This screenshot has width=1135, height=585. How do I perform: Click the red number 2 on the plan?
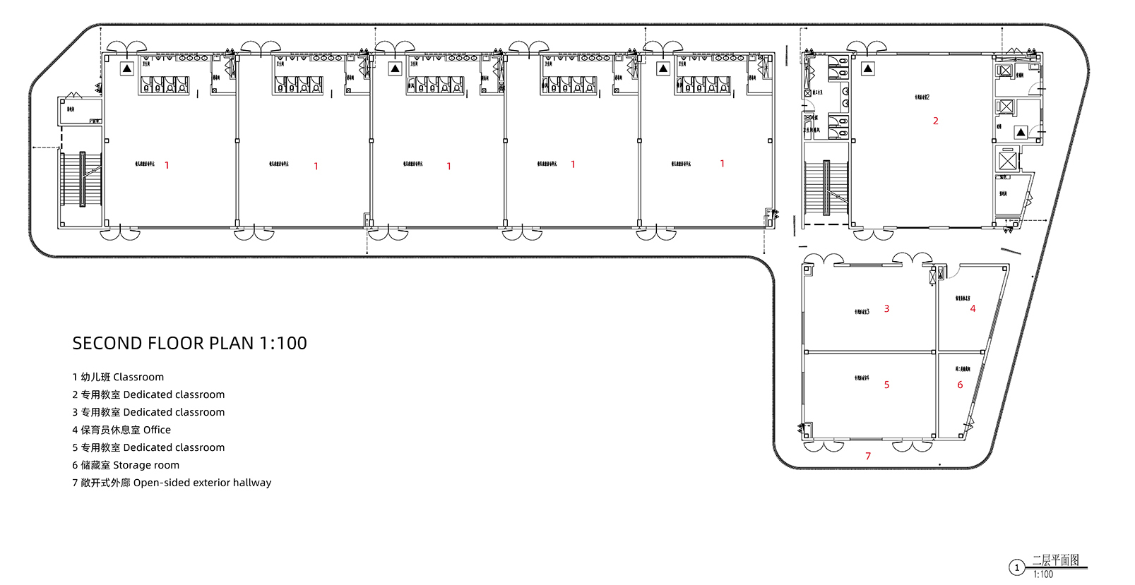point(936,121)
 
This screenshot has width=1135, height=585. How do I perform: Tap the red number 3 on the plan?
point(886,309)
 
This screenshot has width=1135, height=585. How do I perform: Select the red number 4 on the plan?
point(973,309)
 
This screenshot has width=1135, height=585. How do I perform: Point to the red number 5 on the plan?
point(886,385)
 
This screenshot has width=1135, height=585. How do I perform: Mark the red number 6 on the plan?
point(960,385)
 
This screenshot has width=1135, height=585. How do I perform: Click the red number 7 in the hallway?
point(868,457)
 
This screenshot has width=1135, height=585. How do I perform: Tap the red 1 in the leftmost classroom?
point(167,166)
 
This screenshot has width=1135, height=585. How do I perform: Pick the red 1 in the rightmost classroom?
point(722,164)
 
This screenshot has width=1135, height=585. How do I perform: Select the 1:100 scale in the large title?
point(283,344)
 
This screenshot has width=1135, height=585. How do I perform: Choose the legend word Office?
point(157,430)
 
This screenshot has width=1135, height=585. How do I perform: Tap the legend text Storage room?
point(146,465)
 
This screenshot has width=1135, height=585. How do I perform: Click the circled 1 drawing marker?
point(1017,567)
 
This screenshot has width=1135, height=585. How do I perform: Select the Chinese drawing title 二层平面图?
point(1056,560)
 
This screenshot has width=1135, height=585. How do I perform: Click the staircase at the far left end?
point(82,179)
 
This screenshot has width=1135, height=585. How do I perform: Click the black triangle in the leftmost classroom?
point(126,68)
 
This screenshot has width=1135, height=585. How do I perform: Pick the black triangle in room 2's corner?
point(868,68)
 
